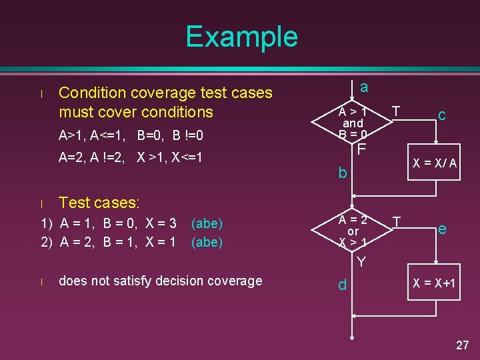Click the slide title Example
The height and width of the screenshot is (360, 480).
pyautogui.click(x=241, y=37)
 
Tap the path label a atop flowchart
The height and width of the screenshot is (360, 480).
pyautogui.click(x=363, y=87)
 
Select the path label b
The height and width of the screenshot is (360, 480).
pyautogui.click(x=342, y=173)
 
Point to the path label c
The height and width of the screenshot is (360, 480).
pyautogui.click(x=441, y=115)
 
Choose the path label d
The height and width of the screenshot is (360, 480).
pyautogui.click(x=342, y=285)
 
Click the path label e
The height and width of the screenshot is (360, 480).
pyautogui.click(x=441, y=229)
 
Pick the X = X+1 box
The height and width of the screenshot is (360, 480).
pyautogui.click(x=435, y=283)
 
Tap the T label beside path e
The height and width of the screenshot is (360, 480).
pyautogui.click(x=396, y=221)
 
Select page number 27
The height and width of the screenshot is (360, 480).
pyautogui.click(x=462, y=345)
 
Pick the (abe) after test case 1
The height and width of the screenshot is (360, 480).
pyautogui.click(x=207, y=224)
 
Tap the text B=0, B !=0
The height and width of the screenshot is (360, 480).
pyautogui.click(x=170, y=136)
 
